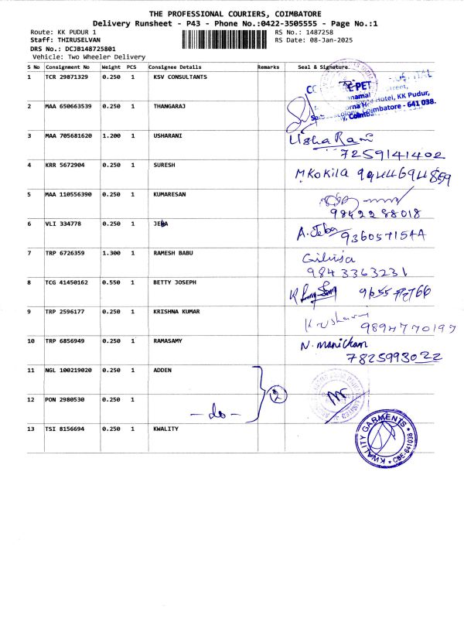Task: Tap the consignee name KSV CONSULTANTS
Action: tap(179, 77)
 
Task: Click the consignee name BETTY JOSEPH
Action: tap(175, 282)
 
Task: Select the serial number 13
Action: tap(30, 429)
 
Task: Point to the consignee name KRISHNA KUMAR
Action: tap(177, 312)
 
